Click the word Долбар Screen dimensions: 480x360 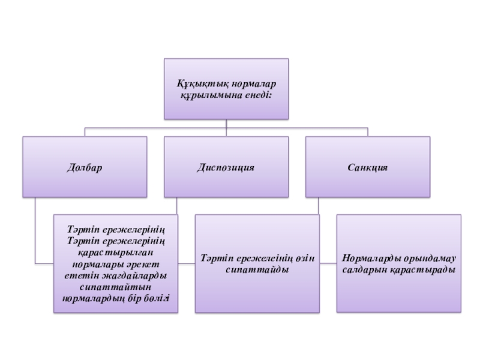pyautogui.click(x=85, y=167)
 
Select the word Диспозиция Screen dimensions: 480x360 pyautogui.click(x=226, y=167)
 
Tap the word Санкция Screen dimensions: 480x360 pyautogui.click(x=367, y=167)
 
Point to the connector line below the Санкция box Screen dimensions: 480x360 pyautogui.click(x=319, y=206)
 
